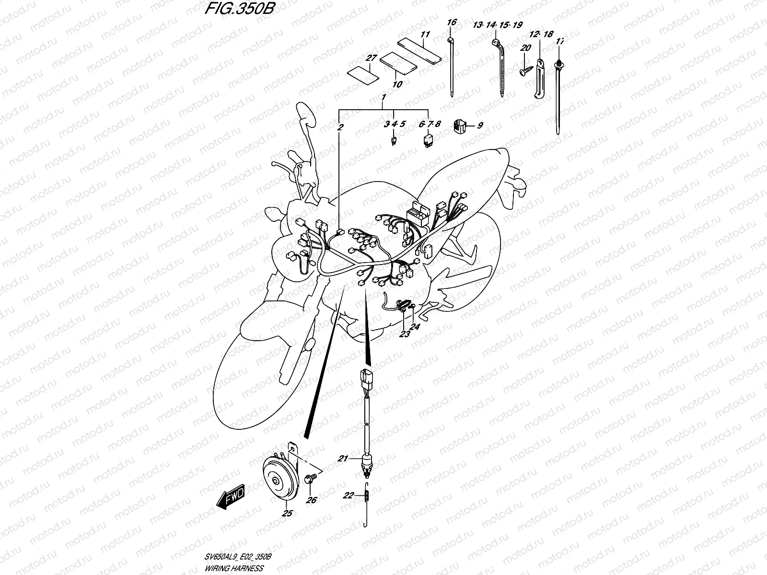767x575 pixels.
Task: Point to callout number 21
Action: click(342, 459)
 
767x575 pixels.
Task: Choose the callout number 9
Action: click(479, 126)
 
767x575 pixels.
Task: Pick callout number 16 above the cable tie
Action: click(452, 23)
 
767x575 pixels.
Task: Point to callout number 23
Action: click(405, 334)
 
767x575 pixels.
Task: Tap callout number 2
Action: click(340, 127)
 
